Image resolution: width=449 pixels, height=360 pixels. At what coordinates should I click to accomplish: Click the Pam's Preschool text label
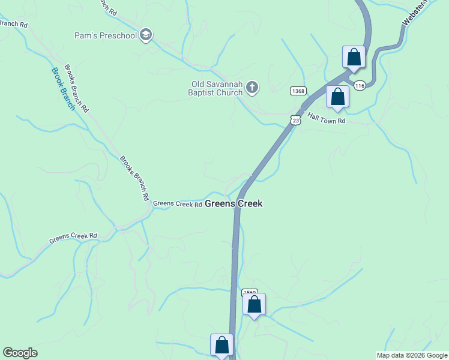[x=106, y=36]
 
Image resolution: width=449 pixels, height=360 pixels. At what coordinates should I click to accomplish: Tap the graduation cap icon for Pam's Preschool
[x=145, y=35]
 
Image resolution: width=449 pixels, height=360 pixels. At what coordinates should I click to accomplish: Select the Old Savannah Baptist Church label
[x=215, y=89]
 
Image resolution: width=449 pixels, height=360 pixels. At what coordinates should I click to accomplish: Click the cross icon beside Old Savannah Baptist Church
[x=252, y=89]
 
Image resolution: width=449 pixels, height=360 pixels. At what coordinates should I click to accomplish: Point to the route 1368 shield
[x=298, y=91]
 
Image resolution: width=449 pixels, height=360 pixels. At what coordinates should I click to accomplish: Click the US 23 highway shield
[x=295, y=120]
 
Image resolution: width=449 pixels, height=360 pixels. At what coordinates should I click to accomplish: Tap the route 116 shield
[x=359, y=86]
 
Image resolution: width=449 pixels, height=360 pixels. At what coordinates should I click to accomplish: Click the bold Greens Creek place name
[x=234, y=204]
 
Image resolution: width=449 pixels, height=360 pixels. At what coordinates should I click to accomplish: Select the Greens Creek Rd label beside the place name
[x=177, y=204]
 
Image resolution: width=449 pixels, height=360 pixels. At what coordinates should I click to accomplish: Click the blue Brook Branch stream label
[x=63, y=89]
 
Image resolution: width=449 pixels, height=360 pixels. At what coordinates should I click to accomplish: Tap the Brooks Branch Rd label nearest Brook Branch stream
[x=76, y=89]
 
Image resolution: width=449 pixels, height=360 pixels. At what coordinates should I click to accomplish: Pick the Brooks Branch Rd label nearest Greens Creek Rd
[x=134, y=178]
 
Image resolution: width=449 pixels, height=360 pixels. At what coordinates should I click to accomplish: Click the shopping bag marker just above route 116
[x=354, y=58]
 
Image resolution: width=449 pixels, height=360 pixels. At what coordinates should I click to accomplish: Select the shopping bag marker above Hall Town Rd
[x=337, y=97]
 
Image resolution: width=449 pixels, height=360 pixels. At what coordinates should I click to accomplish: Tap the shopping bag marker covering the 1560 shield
[x=254, y=305]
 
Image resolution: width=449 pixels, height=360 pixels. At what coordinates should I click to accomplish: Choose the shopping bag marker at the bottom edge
[x=221, y=346]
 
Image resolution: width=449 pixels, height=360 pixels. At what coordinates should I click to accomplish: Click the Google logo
[x=20, y=353]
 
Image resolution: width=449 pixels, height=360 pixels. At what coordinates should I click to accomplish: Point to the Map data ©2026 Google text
[x=412, y=355]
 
